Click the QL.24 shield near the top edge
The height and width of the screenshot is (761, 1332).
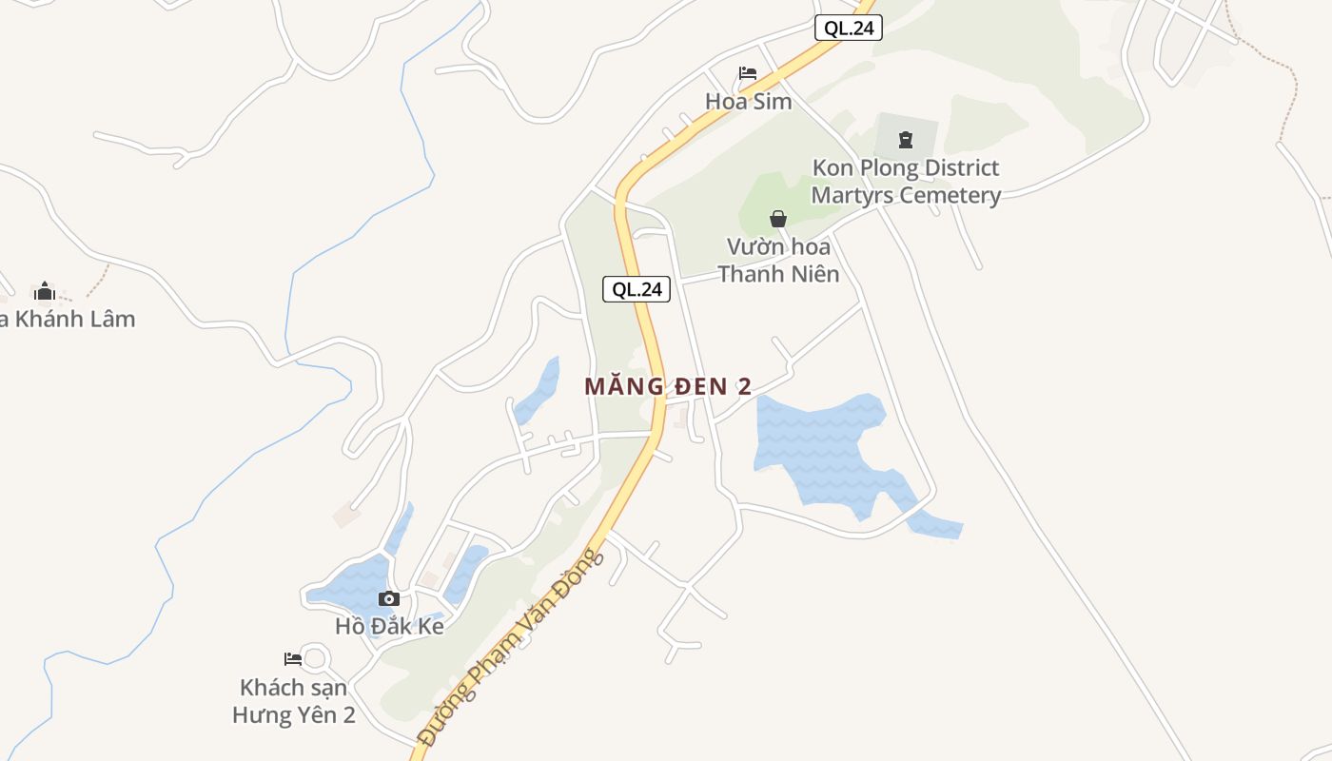(849, 29)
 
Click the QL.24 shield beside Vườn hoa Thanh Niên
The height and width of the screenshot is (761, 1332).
(637, 289)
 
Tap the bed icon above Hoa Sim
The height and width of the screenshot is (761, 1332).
(748, 73)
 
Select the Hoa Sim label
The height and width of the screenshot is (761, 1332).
(748, 101)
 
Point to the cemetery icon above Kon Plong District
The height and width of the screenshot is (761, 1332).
(905, 141)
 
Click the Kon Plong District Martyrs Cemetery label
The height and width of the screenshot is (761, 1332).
(905, 182)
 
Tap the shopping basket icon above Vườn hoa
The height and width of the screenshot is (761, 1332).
(778, 219)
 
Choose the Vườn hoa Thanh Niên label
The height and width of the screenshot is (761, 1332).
(778, 261)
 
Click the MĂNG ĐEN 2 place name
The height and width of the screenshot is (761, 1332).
(668, 386)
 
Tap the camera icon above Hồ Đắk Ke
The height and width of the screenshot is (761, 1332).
(388, 599)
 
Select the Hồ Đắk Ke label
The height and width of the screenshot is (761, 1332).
(389, 627)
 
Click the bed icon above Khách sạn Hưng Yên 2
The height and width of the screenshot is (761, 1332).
(293, 658)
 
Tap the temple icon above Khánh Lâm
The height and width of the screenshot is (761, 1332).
(45, 291)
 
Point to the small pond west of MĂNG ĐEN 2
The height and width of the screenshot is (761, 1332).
(539, 390)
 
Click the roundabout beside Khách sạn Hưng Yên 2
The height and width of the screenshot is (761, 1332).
(313, 657)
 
